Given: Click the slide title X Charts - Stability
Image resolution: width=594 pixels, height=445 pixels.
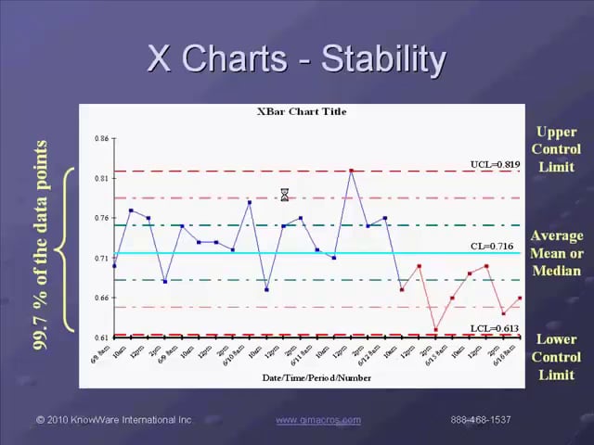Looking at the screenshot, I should point(297,59).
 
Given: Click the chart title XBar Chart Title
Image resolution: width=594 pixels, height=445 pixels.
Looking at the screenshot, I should point(302,111).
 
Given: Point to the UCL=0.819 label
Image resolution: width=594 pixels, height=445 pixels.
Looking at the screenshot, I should point(495,164).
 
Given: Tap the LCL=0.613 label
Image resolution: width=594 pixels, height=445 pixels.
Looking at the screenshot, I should point(496,328).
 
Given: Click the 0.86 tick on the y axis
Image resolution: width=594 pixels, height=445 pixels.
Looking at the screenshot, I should point(101,138).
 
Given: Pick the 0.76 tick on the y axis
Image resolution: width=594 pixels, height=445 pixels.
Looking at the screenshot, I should point(101,218).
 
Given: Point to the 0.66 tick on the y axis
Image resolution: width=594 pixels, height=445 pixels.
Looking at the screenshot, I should point(101,298).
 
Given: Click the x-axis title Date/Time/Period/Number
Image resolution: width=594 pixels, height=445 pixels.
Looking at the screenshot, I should point(303,377).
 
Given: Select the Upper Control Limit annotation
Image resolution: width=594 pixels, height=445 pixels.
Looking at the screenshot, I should point(556,149).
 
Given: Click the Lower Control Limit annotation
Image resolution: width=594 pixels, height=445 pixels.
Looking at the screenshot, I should point(556,357).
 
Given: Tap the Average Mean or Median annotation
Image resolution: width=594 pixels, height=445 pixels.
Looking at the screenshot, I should point(556,253).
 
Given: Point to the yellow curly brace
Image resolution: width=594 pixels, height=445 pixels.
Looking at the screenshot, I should point(63,248).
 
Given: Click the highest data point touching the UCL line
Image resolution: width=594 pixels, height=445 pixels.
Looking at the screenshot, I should point(351,171).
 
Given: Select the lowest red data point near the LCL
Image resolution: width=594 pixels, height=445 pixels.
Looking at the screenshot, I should point(435,330).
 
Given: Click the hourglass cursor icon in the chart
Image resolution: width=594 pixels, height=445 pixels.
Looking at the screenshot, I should point(285,194).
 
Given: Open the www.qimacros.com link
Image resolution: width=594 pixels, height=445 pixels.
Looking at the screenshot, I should point(318,420).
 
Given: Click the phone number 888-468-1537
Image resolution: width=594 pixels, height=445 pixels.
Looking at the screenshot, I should point(481,420).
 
